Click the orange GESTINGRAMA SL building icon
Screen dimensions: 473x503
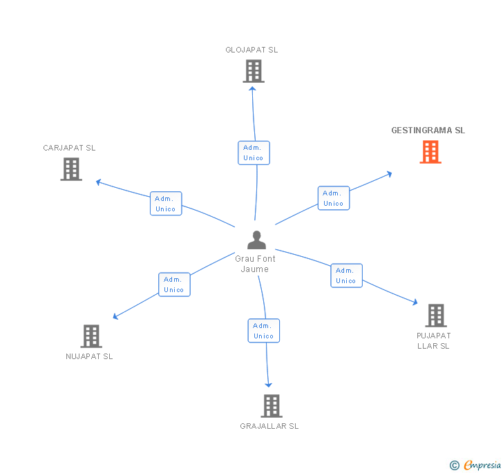(430, 152)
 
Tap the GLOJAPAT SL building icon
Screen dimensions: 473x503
(254, 71)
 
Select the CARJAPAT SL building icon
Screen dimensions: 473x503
(71, 169)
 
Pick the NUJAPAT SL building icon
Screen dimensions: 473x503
(91, 336)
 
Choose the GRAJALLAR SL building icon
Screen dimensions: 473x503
(272, 406)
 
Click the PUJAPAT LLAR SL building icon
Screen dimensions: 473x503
(435, 316)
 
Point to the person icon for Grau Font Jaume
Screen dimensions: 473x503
(256, 240)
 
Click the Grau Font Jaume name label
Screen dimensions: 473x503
(255, 264)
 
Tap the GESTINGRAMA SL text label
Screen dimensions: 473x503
(428, 131)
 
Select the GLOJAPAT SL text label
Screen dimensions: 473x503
(251, 50)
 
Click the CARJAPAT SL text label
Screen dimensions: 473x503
(69, 148)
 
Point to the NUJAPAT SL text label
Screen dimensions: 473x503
(89, 356)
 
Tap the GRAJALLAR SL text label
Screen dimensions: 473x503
(269, 426)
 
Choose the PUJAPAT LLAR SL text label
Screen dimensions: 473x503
(434, 341)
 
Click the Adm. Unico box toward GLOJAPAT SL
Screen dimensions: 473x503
(254, 153)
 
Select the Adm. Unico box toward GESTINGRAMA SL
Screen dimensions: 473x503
(334, 198)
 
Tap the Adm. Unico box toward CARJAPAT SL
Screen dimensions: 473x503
(166, 204)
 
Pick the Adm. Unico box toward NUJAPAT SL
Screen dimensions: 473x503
(174, 284)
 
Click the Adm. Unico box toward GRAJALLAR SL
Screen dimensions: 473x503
(263, 331)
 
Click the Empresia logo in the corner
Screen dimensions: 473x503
(476, 465)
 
